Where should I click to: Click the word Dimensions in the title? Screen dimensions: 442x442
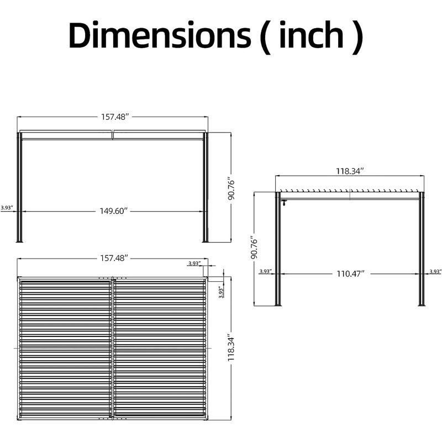point(160,35)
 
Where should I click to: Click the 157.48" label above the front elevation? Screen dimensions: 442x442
point(115,117)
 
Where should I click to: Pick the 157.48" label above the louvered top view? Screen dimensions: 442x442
point(114,258)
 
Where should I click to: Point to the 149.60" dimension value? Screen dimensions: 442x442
point(114,211)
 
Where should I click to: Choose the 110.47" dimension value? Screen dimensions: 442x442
point(351,273)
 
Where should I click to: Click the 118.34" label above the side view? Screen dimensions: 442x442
point(350,171)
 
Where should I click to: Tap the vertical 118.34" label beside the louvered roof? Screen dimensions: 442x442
point(231,349)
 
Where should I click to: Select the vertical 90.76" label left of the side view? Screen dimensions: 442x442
point(254,248)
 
